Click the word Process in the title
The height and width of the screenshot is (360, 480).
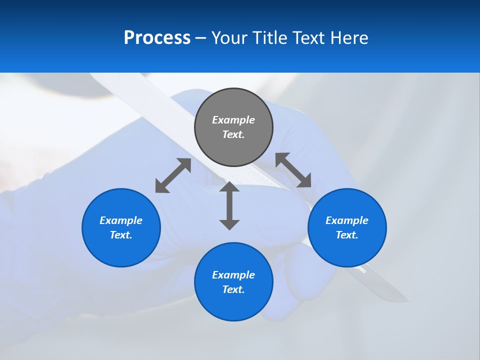[157, 38]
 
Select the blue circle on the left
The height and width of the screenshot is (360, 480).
[121, 250]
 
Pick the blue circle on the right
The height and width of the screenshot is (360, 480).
[347, 250]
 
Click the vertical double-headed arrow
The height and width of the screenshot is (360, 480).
[229, 205]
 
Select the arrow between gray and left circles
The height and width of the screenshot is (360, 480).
[173, 175]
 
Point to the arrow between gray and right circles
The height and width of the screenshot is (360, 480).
[293, 170]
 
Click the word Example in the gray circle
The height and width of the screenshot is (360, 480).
[233, 120]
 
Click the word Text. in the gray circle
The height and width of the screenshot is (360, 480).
[233, 134]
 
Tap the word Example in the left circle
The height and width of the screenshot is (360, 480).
[121, 220]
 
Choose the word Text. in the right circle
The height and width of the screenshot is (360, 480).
[347, 235]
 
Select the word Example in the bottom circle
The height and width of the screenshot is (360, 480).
[233, 275]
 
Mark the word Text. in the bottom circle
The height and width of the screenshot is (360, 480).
[233, 289]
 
